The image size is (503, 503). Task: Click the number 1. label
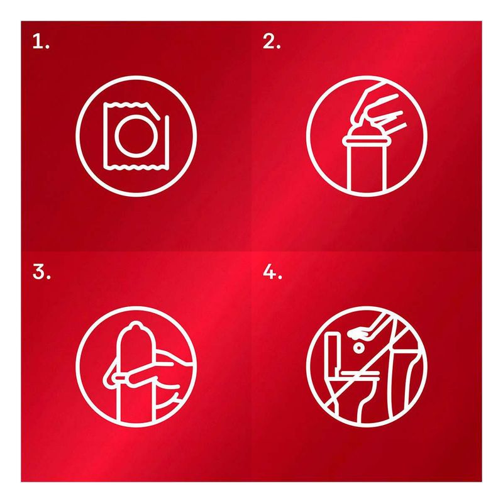tap(41, 41)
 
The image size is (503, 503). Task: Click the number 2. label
tap(272, 41)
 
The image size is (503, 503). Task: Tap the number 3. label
tap(41, 272)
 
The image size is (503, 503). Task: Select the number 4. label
tap(272, 272)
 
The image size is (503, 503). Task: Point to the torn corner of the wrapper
tap(153, 111)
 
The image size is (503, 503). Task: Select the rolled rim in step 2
tap(367, 141)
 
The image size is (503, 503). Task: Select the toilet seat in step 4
tap(359, 375)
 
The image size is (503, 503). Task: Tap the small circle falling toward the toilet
tap(358, 348)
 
